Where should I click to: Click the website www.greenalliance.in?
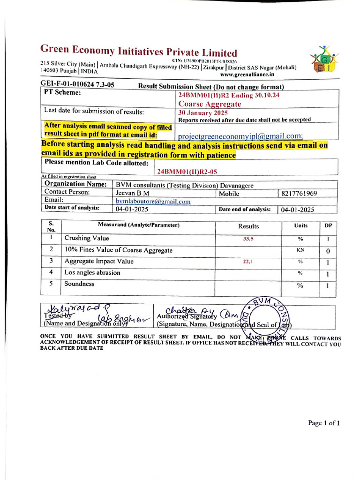click(x=247, y=75)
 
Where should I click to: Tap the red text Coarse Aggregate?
click(x=210, y=104)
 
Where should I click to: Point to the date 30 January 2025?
click(x=203, y=113)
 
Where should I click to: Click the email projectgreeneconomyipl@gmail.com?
click(x=240, y=136)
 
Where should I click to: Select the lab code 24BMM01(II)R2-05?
click(x=187, y=172)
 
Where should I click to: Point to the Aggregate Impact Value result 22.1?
click(x=248, y=262)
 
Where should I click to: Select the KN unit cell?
click(x=300, y=250)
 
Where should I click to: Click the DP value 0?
click(x=328, y=251)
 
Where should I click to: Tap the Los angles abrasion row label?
click(x=92, y=272)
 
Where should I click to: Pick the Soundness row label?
click(x=79, y=284)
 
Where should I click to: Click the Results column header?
click(x=248, y=226)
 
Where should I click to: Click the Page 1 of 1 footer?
click(x=323, y=423)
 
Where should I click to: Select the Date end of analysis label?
click(x=244, y=210)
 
